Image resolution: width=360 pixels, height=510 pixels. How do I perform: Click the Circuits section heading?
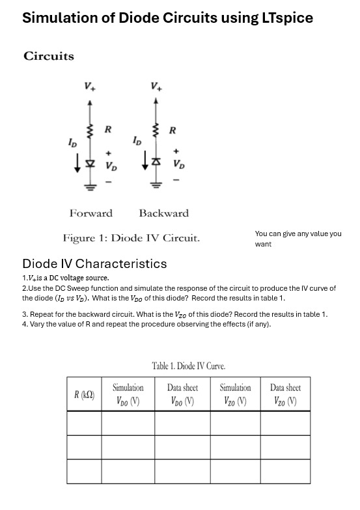point(49,56)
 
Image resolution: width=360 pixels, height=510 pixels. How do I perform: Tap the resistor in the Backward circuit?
point(156,132)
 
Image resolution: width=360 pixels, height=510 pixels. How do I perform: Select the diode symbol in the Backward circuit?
point(156,163)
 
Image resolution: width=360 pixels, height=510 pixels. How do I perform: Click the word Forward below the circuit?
point(90,213)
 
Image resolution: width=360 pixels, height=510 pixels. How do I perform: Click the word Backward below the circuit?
point(163,213)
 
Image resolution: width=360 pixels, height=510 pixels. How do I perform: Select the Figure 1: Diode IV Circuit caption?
point(131,238)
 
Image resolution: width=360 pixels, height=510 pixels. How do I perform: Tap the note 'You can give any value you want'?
point(298,239)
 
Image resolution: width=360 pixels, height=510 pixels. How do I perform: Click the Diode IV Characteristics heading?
point(94,263)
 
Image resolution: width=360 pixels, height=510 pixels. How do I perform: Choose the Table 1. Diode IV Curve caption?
point(188,366)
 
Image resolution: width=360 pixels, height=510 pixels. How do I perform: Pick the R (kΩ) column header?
point(84,394)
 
